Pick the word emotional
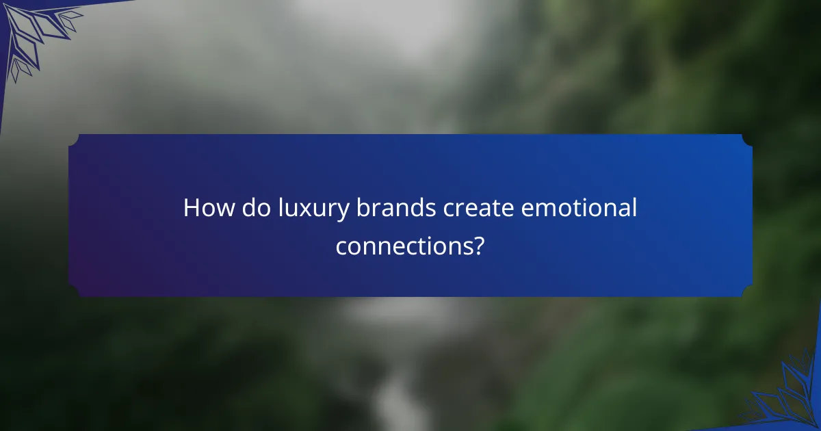click(x=579, y=209)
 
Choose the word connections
click(x=404, y=246)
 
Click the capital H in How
click(x=192, y=209)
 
